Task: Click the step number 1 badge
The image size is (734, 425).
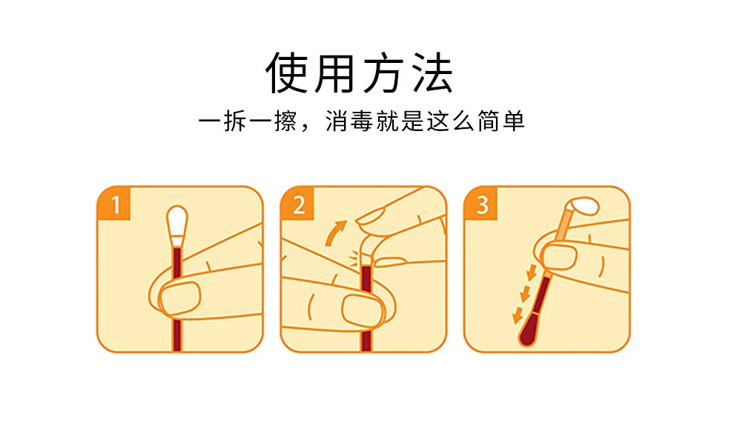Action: click(x=113, y=204)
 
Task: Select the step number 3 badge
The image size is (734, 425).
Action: click(x=481, y=204)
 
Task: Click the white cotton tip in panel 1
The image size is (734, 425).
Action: click(x=177, y=223)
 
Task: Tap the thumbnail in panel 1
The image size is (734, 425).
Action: click(x=179, y=297)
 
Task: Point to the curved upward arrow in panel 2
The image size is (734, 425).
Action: click(x=335, y=232)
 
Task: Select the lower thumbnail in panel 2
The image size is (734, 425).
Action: click(x=363, y=309)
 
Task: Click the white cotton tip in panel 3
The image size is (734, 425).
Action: click(x=583, y=206)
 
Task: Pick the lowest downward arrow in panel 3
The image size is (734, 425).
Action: click(x=518, y=315)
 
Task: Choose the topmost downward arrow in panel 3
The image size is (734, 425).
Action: click(x=531, y=272)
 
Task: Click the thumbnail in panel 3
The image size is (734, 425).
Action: click(x=558, y=256)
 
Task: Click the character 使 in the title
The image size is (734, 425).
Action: click(x=286, y=73)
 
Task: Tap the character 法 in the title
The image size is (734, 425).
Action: click(x=432, y=73)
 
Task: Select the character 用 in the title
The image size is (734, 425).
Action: click(x=334, y=73)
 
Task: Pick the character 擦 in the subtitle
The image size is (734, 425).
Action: click(x=285, y=121)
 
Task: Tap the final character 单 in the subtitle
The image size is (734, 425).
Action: click(x=514, y=121)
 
